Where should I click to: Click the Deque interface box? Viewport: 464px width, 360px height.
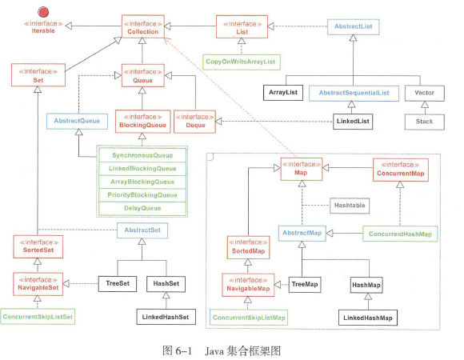click(190, 120)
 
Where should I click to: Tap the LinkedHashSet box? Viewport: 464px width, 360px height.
click(167, 317)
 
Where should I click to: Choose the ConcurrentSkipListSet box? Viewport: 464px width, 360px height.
click(37, 317)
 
